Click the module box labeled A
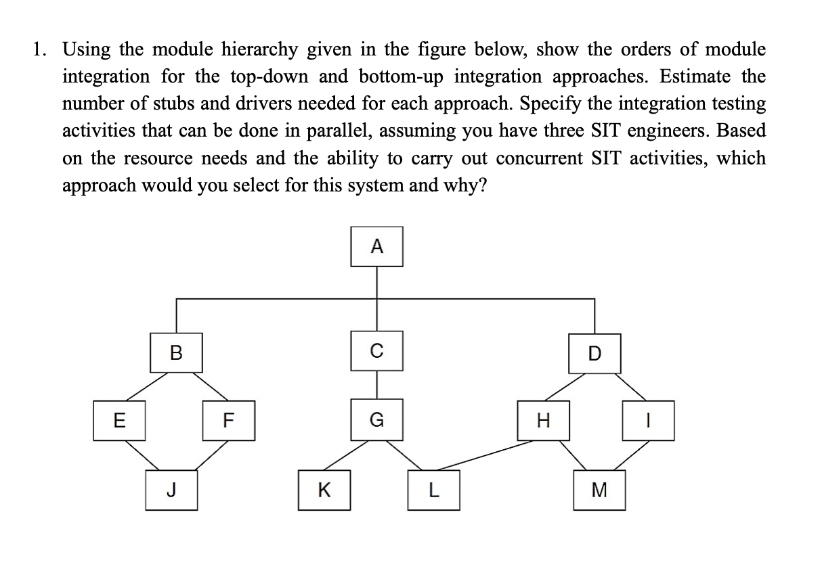click(378, 247)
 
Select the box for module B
click(176, 352)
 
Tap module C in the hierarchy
click(377, 350)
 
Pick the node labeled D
click(594, 352)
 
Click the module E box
click(119, 420)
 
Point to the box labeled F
click(229, 420)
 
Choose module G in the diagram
click(377, 420)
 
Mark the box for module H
click(542, 420)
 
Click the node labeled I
click(649, 420)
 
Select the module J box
click(172, 490)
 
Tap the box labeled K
click(325, 490)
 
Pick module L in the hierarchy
click(434, 490)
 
